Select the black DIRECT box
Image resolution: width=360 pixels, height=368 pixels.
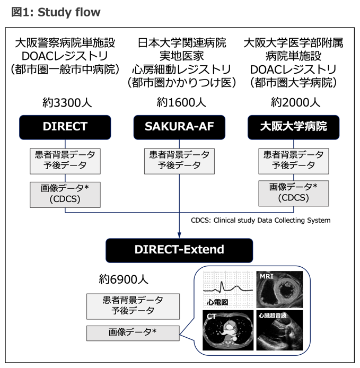[x=65, y=127]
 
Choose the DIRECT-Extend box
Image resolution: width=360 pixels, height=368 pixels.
[x=179, y=249]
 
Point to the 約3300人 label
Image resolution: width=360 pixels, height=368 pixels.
[x=65, y=102]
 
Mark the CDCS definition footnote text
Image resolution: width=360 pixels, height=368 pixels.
[x=260, y=220]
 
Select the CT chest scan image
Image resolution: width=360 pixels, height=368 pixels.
[x=227, y=330]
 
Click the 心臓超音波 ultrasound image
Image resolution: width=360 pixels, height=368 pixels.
[x=280, y=330]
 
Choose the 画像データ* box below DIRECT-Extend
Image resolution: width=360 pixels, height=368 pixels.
[x=133, y=332]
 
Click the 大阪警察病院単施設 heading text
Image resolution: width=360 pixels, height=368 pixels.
[x=65, y=42]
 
